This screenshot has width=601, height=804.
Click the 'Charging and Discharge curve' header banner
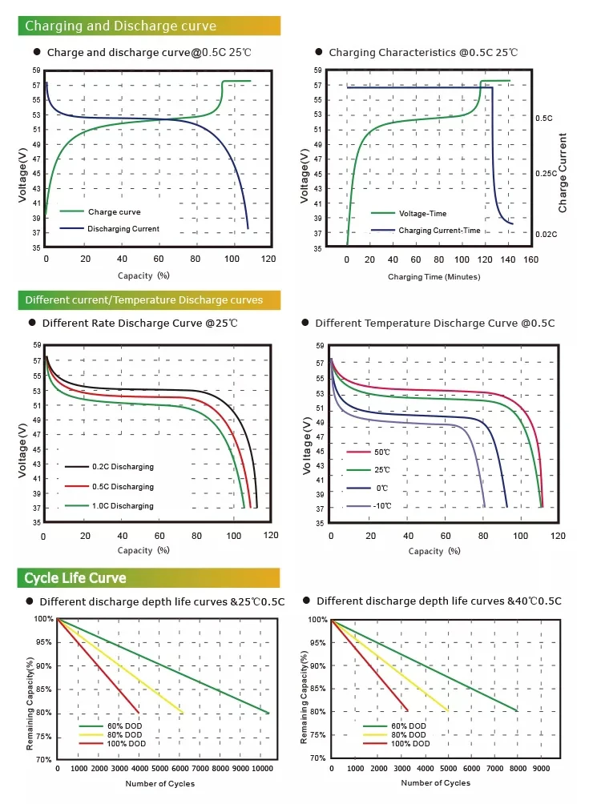pos(120,26)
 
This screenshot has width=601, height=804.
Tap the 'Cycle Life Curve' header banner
pos(75,577)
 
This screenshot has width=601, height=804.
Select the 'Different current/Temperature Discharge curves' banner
pos(144,300)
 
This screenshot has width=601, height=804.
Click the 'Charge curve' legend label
pos(114,212)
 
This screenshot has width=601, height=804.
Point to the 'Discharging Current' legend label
pos(123,229)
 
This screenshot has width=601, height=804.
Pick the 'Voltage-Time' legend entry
pos(422,214)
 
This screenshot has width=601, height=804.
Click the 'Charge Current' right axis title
pos(563,173)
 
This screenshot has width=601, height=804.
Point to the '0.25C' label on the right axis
pos(546,174)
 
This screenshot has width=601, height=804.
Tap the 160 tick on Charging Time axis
pos(530,260)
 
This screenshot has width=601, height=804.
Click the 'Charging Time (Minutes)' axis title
pos(434,277)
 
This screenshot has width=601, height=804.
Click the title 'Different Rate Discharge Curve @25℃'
pos(139,323)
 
